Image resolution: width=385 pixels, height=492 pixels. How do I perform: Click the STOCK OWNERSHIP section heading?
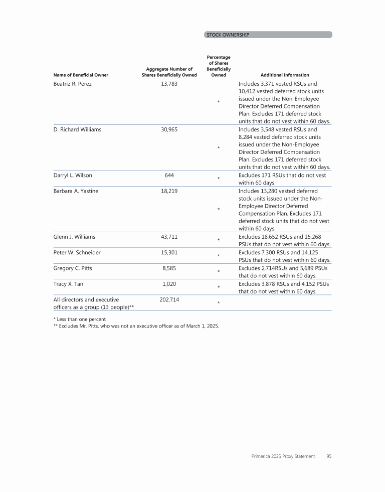tap(228, 35)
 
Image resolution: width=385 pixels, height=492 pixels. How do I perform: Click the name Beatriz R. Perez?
tap(72, 84)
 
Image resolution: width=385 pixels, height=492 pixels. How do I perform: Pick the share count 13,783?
tap(169, 84)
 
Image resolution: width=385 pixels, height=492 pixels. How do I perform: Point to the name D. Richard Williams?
tap(77, 129)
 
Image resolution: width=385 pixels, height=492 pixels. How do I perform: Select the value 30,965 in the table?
tap(169, 129)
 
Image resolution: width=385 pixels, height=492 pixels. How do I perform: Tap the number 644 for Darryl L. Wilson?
tap(169, 175)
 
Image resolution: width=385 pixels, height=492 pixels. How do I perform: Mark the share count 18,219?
tap(169, 191)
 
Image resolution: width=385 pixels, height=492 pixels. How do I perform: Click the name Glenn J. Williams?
tap(74, 237)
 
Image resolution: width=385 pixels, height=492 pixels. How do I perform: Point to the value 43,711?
tap(169, 237)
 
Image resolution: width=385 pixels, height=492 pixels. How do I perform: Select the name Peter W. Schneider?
tap(77, 252)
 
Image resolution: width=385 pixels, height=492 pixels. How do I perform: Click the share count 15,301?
tap(169, 252)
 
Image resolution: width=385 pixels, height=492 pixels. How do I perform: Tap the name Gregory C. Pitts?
tap(73, 268)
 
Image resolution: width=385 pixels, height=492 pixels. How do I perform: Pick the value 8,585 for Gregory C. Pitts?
tap(169, 268)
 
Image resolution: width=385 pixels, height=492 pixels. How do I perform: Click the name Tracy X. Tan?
tap(68, 284)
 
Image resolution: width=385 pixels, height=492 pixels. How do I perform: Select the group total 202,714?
tap(169, 300)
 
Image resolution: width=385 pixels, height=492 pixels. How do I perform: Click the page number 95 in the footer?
tap(329, 456)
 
